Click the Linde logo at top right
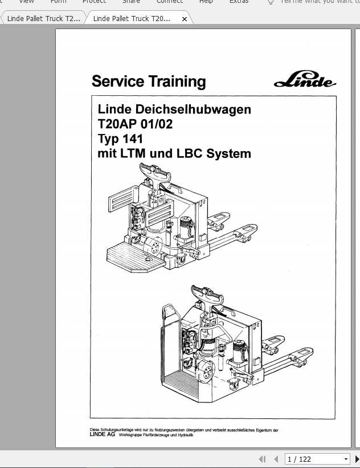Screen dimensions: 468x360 (305, 80)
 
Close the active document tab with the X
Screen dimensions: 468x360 (184, 19)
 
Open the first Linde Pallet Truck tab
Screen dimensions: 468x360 (43, 19)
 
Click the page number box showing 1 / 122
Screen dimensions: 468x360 (311, 459)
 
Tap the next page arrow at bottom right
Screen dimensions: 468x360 (357, 459)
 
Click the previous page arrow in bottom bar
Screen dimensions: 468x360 (274, 459)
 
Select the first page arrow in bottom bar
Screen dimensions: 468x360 (262, 459)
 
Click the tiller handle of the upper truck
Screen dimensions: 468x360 (154, 169)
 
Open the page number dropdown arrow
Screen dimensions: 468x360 (346, 459)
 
